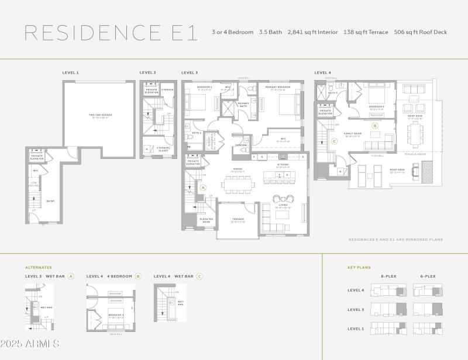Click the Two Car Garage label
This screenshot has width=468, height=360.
click(100, 115)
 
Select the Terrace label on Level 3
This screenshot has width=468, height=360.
click(238, 220)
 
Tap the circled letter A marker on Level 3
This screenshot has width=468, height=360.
click(204, 188)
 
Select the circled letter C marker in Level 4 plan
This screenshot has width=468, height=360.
click(334, 141)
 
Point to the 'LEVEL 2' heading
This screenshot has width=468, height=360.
click(147, 72)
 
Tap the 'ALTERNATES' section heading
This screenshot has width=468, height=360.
click(39, 267)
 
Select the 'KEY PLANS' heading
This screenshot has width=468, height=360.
click(359, 267)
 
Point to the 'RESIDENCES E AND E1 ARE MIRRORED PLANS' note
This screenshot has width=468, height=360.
click(395, 239)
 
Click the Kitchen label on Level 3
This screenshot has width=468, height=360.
click(283, 165)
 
